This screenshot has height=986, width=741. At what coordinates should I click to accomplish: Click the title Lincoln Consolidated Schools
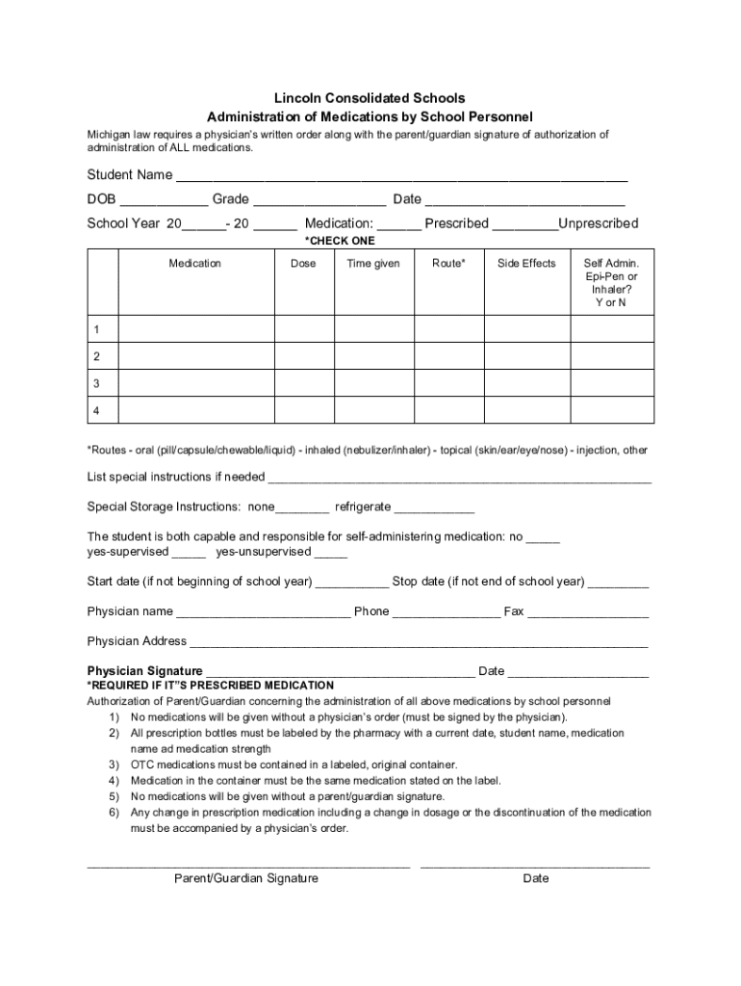pyautogui.click(x=370, y=98)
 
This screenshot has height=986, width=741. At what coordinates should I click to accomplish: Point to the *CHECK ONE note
pyautogui.click(x=340, y=241)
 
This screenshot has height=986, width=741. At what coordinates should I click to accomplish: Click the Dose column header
pyautogui.click(x=303, y=263)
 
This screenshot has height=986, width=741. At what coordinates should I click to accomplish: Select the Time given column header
pyautogui.click(x=373, y=263)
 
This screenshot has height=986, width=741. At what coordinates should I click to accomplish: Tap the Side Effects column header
pyautogui.click(x=526, y=263)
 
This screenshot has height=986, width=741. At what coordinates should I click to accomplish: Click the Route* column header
pyautogui.click(x=448, y=263)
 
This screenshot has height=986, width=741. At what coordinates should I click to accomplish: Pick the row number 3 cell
pyautogui.click(x=96, y=383)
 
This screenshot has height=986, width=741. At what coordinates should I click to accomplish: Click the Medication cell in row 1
pyautogui.click(x=195, y=330)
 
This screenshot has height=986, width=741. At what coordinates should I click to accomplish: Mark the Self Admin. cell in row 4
pyautogui.click(x=612, y=410)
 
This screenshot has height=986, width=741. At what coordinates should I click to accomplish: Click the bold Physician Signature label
pyautogui.click(x=144, y=671)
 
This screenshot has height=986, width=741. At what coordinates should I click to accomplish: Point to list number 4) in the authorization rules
pyautogui.click(x=114, y=781)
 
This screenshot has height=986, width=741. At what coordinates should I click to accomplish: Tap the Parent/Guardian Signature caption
pyautogui.click(x=246, y=878)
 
